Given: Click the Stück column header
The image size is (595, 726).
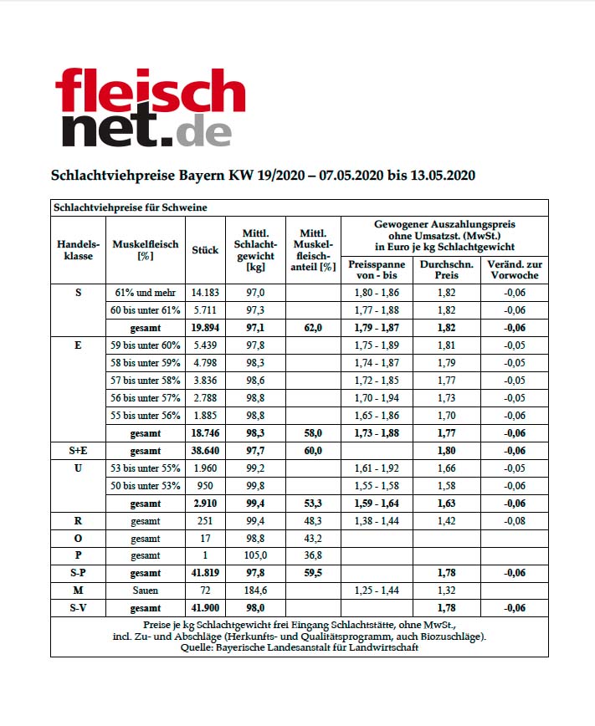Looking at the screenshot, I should pyautogui.click(x=204, y=249).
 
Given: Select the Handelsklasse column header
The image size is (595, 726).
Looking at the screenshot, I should pyautogui.click(x=78, y=249).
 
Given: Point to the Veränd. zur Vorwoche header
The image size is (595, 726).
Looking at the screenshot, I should pyautogui.click(x=514, y=268).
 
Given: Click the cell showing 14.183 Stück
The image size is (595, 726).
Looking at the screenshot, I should pyautogui.click(x=204, y=293).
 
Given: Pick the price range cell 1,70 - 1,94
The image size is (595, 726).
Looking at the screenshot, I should pyautogui.click(x=376, y=397).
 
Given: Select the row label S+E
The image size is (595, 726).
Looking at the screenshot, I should pyautogui.click(x=78, y=450).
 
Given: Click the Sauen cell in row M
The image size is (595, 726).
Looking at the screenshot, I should pyautogui.click(x=146, y=591).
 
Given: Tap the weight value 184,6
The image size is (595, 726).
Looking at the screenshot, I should pyautogui.click(x=254, y=591).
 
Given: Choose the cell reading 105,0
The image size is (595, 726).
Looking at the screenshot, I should pyautogui.click(x=254, y=555).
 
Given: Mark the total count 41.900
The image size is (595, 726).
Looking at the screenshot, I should pyautogui.click(x=204, y=608).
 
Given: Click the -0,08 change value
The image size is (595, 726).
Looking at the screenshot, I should pyautogui.click(x=514, y=520).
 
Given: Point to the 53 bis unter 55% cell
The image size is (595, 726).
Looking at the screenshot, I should pyautogui.click(x=146, y=468).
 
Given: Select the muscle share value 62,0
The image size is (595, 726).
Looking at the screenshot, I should pyautogui.click(x=313, y=328).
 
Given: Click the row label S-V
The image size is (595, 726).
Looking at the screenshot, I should pyautogui.click(x=78, y=608).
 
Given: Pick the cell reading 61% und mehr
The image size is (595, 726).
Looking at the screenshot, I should pyautogui.click(x=146, y=293).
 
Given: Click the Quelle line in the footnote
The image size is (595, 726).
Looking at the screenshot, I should pyautogui.click(x=299, y=647).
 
